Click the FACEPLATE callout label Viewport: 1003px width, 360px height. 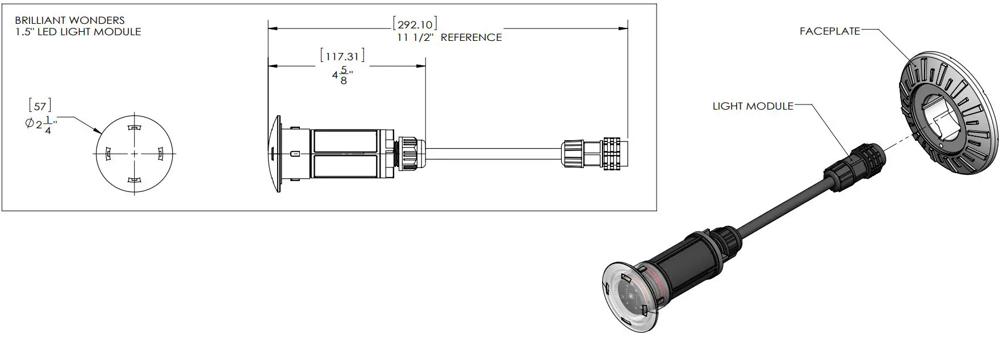pos(829,31)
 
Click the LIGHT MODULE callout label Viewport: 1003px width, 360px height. pos(753,106)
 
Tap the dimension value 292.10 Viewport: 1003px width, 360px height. pos(415,24)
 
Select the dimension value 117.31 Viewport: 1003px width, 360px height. pos(342,56)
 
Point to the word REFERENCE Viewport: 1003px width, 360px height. pos(471,37)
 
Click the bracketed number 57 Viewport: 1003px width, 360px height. pos(40,106)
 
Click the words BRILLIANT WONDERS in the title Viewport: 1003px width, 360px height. pos(69,20)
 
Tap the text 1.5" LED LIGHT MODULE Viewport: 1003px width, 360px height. pos(78,32)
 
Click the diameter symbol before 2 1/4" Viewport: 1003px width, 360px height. pos(30,124)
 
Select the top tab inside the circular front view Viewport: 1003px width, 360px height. pos(134,128)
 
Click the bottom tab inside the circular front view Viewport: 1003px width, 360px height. pos(134,180)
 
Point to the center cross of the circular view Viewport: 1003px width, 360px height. pos(134,154)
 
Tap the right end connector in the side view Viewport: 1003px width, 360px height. pos(615,154)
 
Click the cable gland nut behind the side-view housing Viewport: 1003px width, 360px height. pos(409,154)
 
